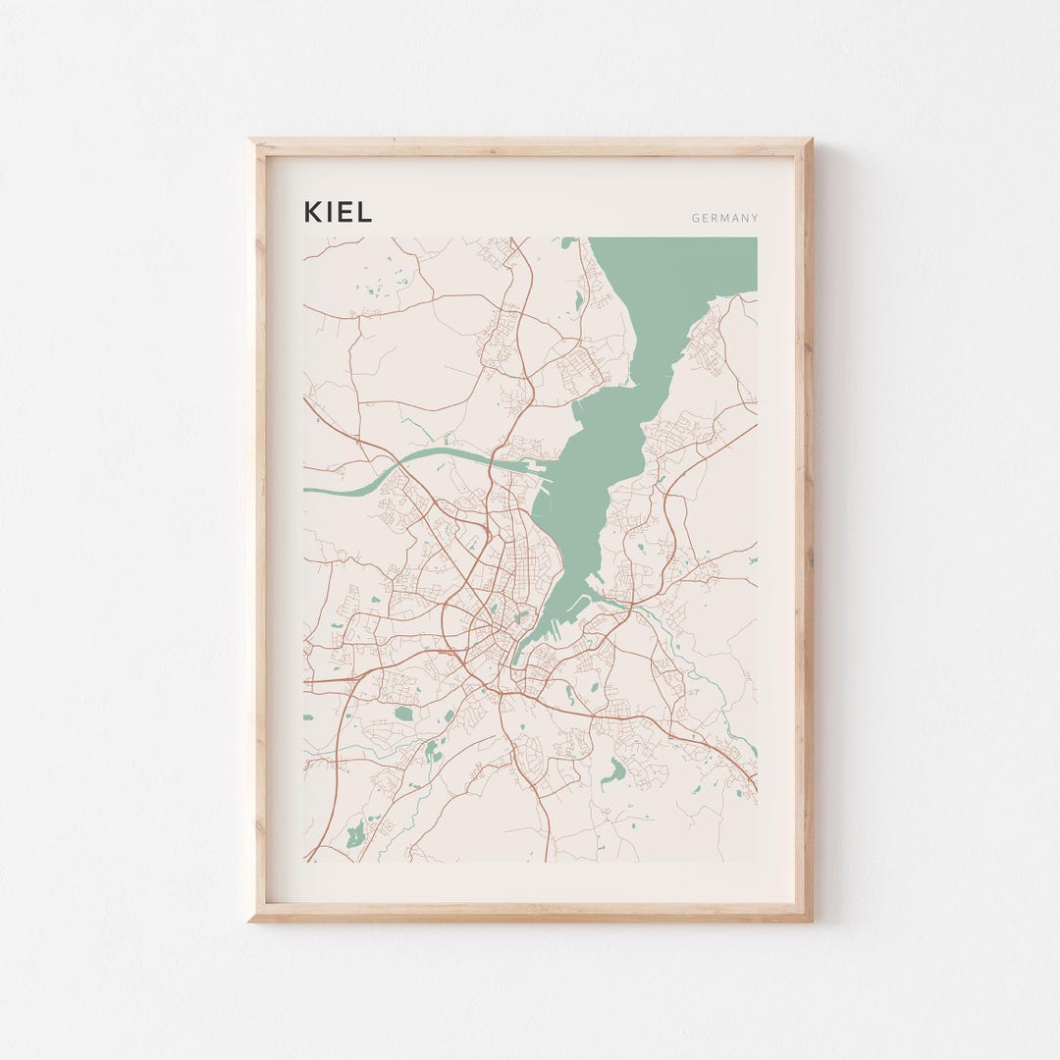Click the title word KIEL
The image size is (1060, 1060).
coord(338,212)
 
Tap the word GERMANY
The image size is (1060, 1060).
coord(724,219)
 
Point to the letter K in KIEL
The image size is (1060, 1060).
coord(313,212)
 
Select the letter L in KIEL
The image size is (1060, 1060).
coord(364,212)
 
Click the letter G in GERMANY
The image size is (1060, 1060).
coord(695,219)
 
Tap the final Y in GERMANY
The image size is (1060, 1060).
coord(755,219)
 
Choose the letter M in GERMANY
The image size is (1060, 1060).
coord(723,219)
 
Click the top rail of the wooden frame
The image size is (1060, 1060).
coord(530,147)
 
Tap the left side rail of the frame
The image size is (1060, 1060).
coord(257,530)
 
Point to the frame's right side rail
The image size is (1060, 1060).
coord(804,530)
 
